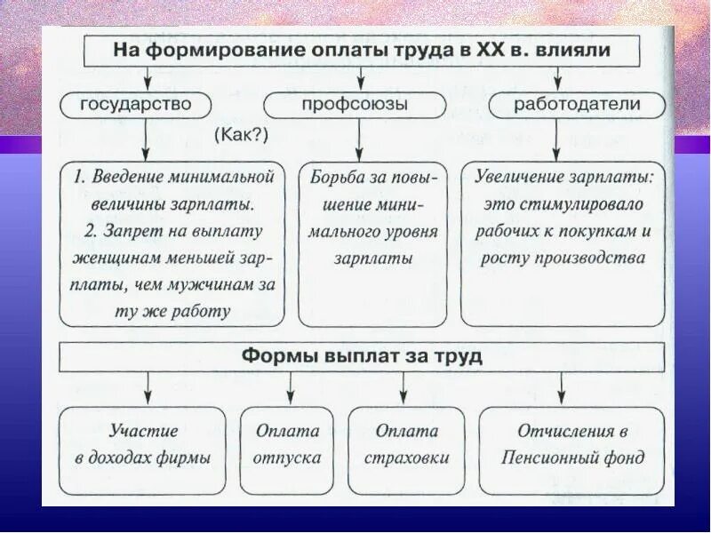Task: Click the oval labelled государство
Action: pyautogui.click(x=136, y=105)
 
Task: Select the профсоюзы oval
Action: pyautogui.click(x=359, y=105)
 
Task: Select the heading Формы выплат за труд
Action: pyautogui.click(x=362, y=357)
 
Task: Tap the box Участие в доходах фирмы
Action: pyautogui.click(x=142, y=444)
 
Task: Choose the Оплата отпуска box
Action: pyautogui.click(x=287, y=444)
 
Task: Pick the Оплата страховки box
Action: pyautogui.click(x=405, y=444)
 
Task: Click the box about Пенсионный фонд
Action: pyautogui.click(x=571, y=444)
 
